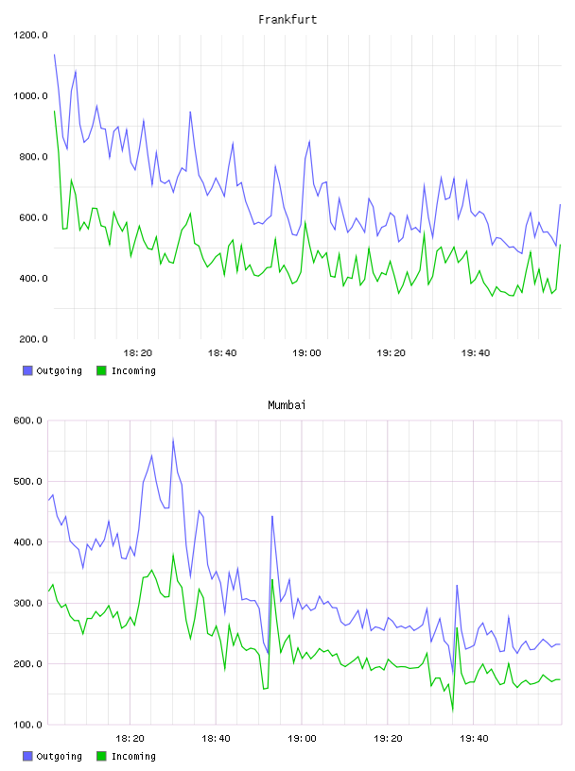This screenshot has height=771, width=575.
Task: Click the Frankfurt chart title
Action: coord(287,19)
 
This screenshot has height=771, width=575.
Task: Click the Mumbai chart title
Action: coord(287,404)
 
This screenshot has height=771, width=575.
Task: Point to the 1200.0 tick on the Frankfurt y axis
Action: coord(30,35)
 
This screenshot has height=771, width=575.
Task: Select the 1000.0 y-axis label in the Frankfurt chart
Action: coord(30,95)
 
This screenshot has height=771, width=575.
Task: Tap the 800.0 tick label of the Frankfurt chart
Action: coord(33,157)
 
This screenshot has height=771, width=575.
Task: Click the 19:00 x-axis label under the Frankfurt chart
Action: coord(306,352)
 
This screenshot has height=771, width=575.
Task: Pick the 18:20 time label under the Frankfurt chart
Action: coord(137,352)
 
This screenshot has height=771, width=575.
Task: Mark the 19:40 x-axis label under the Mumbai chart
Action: coord(474,738)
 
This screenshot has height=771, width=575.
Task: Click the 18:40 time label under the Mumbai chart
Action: coord(216,738)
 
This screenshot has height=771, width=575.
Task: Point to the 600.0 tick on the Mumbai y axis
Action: coord(27,420)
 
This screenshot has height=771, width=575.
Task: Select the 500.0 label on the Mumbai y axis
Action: coord(27,481)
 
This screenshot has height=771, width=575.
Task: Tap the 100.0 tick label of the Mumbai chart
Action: coord(27,725)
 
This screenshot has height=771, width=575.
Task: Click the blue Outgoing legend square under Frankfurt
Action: coord(27,370)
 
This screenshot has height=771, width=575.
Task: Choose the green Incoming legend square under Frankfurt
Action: coord(101,370)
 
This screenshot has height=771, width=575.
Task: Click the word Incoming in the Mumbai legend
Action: coord(133,756)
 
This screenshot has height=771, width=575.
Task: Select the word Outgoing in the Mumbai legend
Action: coord(59,756)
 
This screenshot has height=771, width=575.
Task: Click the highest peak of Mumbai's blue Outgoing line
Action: coord(173,439)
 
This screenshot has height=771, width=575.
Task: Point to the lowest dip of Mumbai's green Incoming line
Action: coord(452,710)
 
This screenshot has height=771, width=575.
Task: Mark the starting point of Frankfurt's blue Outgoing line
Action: coord(54,55)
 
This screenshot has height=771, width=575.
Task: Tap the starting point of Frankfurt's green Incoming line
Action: coord(54,111)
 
